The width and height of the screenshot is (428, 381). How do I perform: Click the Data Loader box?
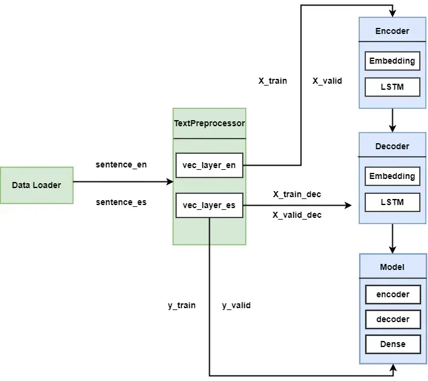(x=36, y=185)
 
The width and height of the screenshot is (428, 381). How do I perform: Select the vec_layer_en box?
(x=209, y=166)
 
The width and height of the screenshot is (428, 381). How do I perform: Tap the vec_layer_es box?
(x=209, y=206)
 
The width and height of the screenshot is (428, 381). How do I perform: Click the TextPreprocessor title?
(x=209, y=123)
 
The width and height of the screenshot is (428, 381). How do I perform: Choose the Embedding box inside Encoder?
(x=392, y=61)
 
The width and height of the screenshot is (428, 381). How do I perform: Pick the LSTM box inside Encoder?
(x=392, y=87)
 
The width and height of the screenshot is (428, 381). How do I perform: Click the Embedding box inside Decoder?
(x=392, y=176)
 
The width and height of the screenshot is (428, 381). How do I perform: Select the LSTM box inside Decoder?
(x=392, y=202)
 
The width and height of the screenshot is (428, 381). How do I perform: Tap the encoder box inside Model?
(x=392, y=294)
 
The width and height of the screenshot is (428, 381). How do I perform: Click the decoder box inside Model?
(x=392, y=319)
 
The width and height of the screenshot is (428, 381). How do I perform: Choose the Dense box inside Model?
(x=392, y=344)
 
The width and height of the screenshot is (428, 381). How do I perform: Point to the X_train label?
(x=273, y=81)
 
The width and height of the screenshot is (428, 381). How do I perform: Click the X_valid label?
(x=327, y=81)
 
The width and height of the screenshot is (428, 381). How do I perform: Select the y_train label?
(x=182, y=305)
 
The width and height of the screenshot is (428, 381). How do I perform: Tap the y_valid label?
(x=236, y=305)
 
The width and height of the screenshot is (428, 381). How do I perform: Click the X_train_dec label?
(x=297, y=194)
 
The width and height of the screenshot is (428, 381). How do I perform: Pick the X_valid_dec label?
(x=297, y=215)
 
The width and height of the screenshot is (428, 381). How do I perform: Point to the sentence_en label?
(x=121, y=164)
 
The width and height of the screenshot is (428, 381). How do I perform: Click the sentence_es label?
(x=121, y=201)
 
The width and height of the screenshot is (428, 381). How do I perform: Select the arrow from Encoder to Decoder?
(x=392, y=120)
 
